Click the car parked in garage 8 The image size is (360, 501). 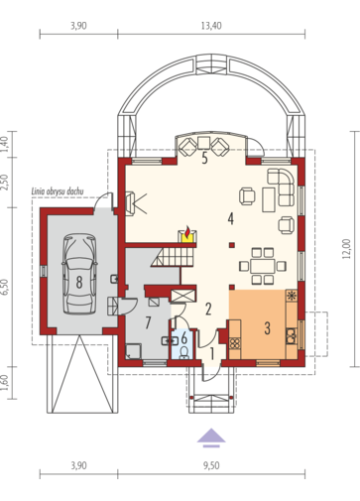tap(79, 274)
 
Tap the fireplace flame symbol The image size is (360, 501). tap(187, 232)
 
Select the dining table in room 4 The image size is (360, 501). tap(263, 266)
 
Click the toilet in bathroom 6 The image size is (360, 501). tap(184, 352)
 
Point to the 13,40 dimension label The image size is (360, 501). tap(211, 26)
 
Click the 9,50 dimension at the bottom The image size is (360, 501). tap(211, 465)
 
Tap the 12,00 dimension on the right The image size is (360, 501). tap(346, 248)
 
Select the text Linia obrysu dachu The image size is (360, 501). tap(58, 191)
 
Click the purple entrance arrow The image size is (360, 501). tap(211, 438)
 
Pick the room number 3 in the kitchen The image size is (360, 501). tap(267, 327)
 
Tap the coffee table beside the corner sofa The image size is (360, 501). tap(269, 199)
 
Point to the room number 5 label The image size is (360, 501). tap(204, 159)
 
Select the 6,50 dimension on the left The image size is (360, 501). tap(4, 287)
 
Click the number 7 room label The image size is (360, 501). tap(148, 322)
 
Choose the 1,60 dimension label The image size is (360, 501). tap(4, 383)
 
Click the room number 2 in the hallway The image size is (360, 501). tap(208, 309)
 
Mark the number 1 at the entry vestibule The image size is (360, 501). tap(212, 354)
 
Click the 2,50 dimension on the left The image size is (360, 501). tap(4, 183)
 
